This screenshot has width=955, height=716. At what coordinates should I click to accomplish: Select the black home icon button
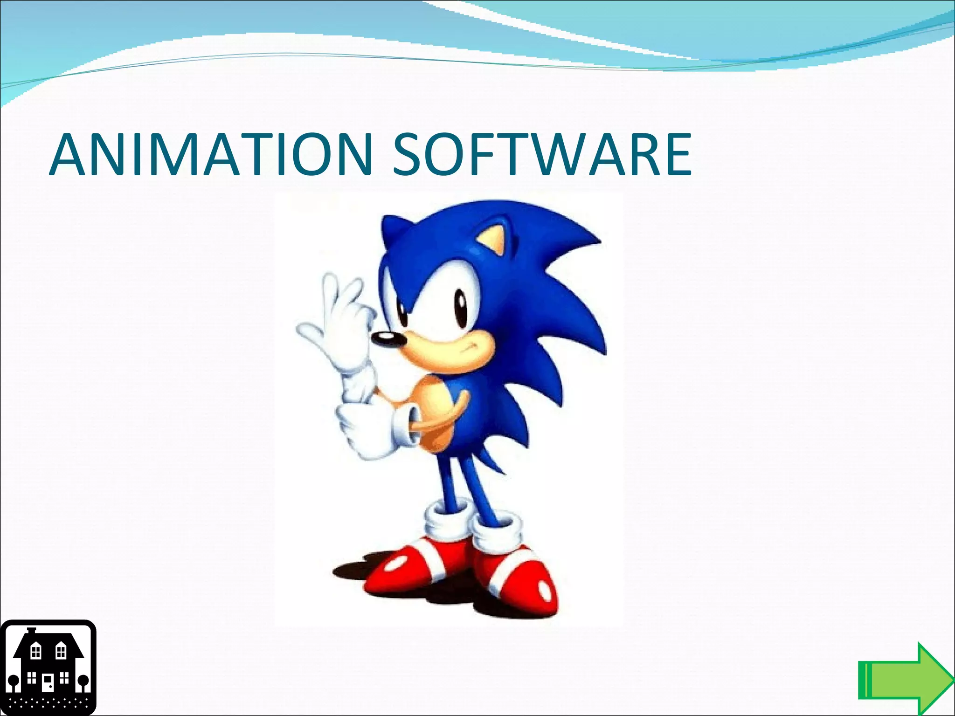(x=48, y=668)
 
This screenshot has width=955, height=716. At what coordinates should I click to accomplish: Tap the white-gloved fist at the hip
(x=368, y=429)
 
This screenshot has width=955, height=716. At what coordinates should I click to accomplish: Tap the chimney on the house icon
(x=31, y=631)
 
